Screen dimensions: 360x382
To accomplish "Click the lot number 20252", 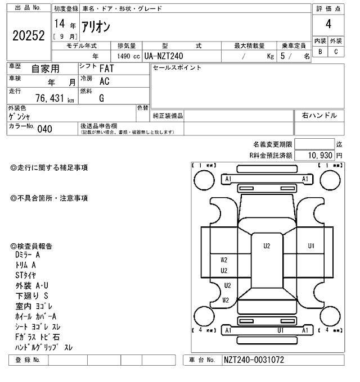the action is click(28, 36).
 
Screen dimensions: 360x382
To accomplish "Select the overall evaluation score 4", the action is click(328, 24).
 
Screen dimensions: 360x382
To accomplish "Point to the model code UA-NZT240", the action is click(163, 56).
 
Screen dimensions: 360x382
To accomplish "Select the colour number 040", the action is click(44, 129).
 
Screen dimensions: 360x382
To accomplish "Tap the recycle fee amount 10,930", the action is click(316, 154).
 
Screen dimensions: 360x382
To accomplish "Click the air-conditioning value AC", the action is click(104, 81).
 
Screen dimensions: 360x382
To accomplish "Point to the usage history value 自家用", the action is click(45, 69).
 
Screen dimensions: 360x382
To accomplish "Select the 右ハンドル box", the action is click(319, 115).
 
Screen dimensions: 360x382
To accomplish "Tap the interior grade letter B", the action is click(320, 52).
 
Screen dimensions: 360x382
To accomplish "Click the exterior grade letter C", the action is click(336, 52).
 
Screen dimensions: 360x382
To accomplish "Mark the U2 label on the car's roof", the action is click(267, 245).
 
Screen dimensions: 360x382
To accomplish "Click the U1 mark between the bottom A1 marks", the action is click(280, 330).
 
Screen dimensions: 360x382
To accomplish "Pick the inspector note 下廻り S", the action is click(31, 295).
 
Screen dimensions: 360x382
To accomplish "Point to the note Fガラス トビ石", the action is click(38, 337).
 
